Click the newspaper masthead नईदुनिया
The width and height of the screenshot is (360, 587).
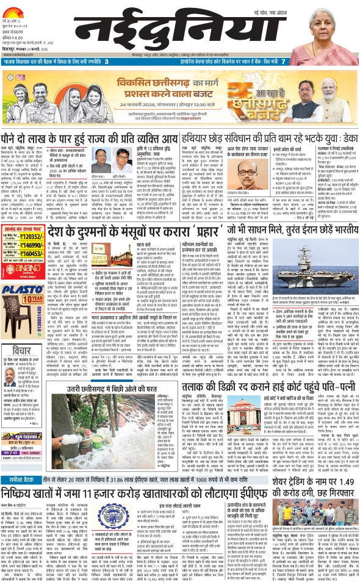(178, 30)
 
